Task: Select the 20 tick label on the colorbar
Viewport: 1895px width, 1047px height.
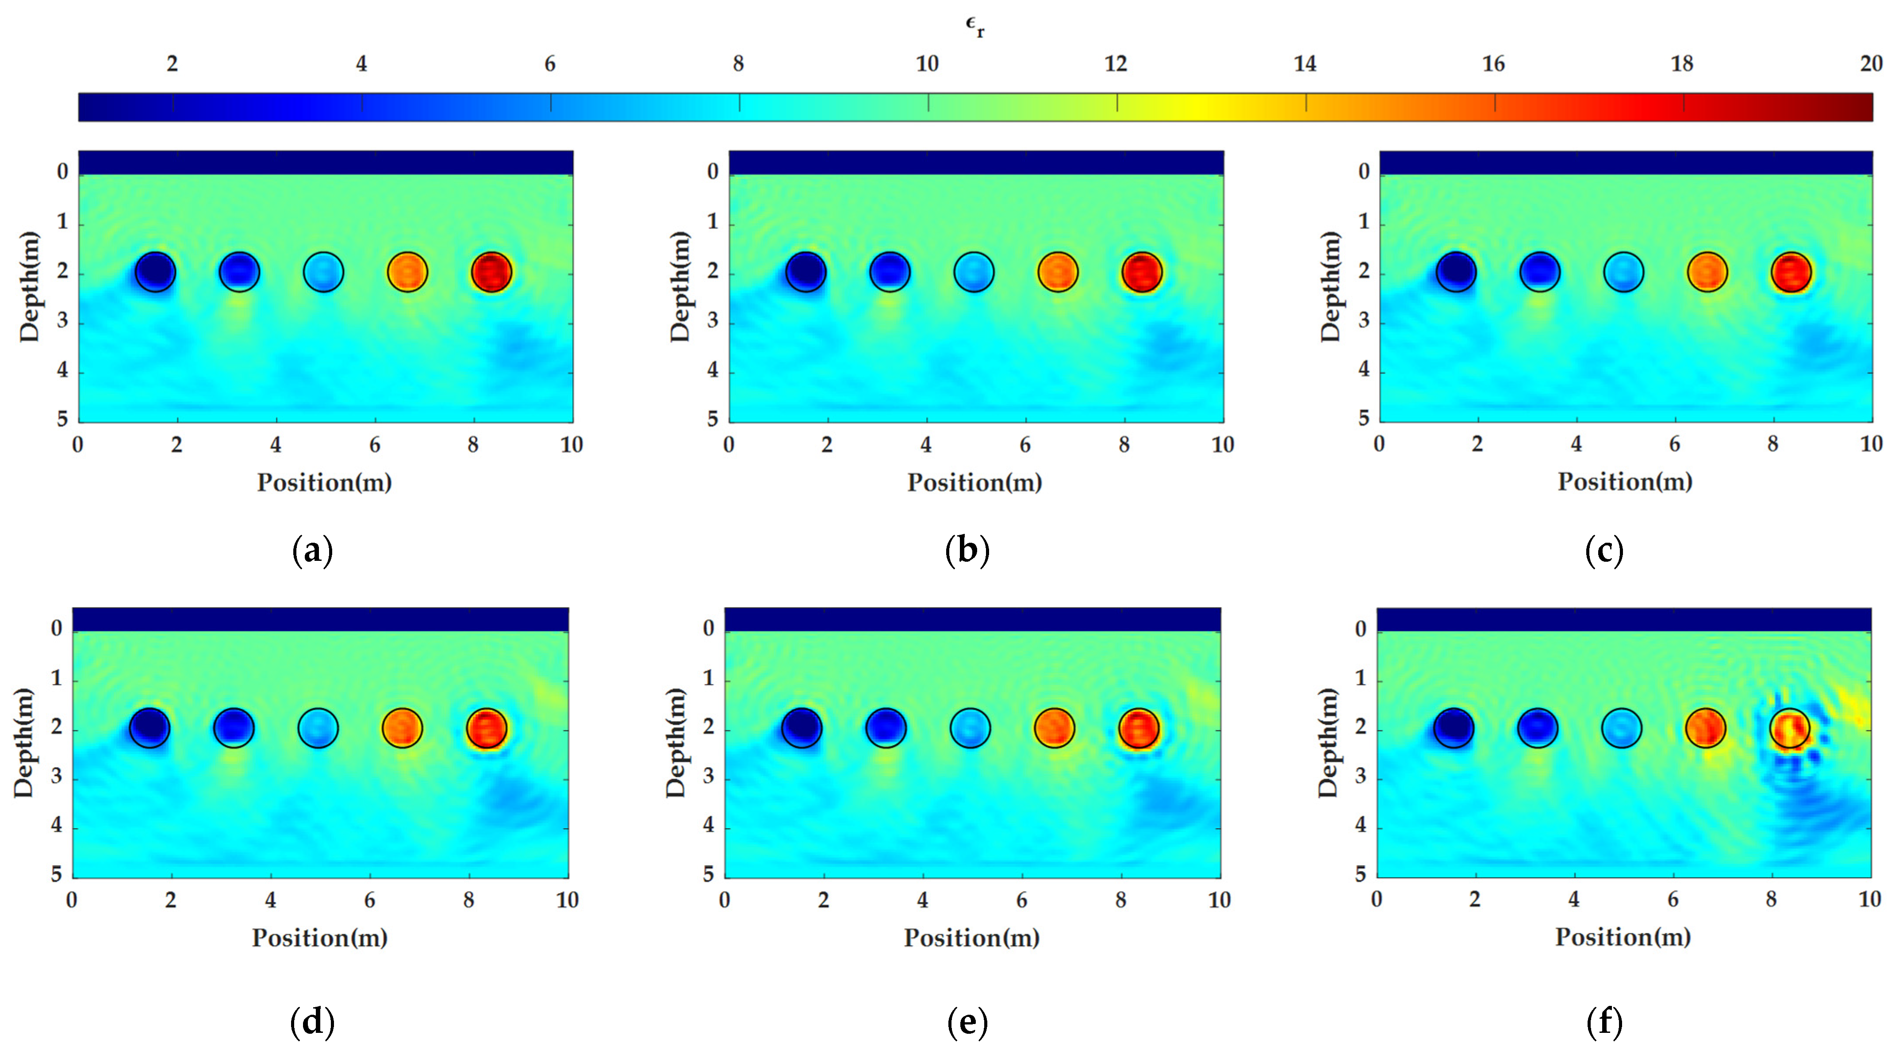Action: tap(1871, 65)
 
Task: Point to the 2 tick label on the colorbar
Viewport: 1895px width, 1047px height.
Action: tap(172, 65)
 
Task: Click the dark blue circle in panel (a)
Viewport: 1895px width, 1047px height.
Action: tap(155, 272)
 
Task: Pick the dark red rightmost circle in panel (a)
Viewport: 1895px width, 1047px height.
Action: tap(491, 272)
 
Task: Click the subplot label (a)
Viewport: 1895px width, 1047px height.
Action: tap(313, 550)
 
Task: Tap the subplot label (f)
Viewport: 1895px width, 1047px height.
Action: tap(1604, 1021)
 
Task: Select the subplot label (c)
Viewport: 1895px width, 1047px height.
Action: tap(1604, 550)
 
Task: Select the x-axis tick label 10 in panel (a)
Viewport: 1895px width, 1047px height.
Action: tap(572, 445)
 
